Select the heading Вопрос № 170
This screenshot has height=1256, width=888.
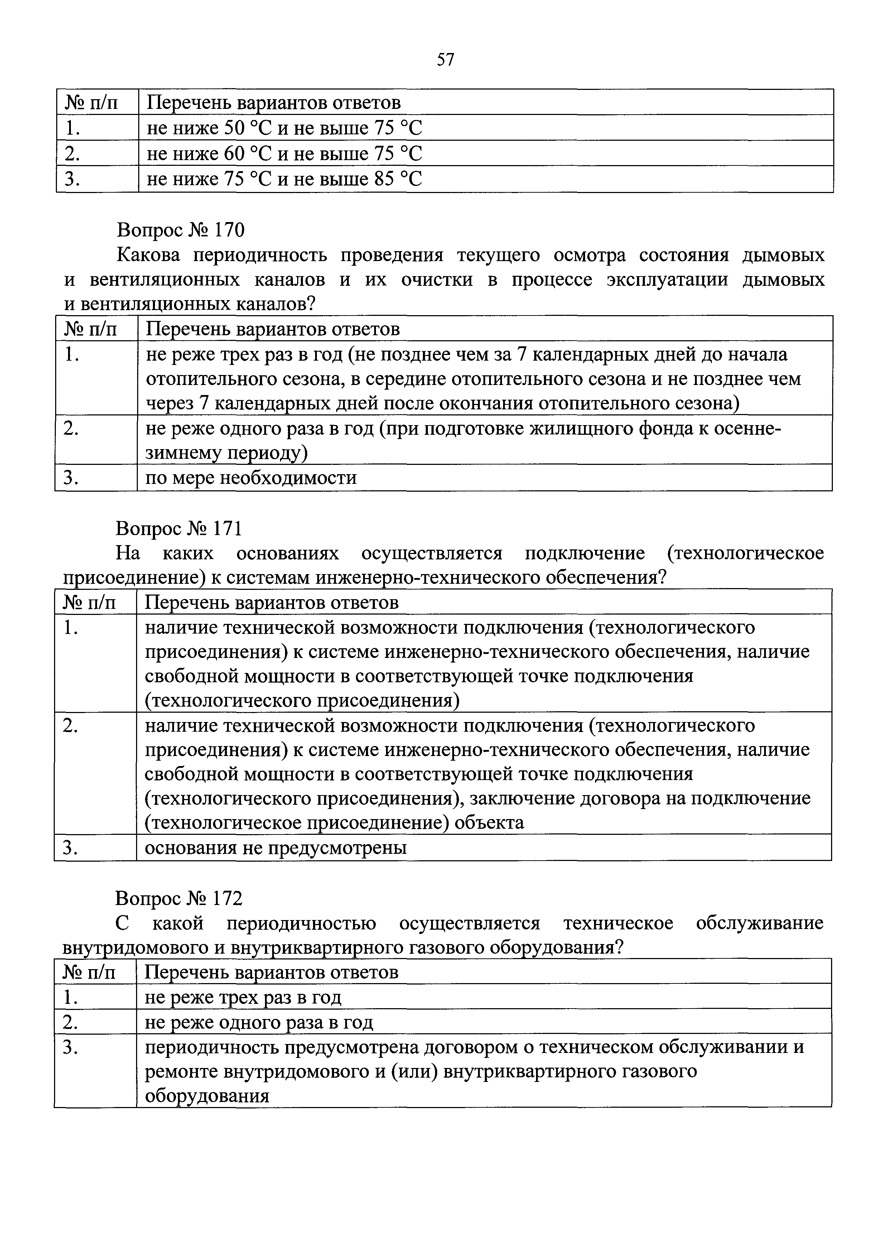click(180, 230)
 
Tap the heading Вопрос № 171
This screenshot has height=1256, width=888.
click(178, 529)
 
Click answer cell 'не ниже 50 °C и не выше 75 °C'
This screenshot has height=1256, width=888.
click(284, 128)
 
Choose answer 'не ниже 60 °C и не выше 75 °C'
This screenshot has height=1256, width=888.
click(284, 154)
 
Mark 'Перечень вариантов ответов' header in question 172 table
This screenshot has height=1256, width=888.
click(271, 972)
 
